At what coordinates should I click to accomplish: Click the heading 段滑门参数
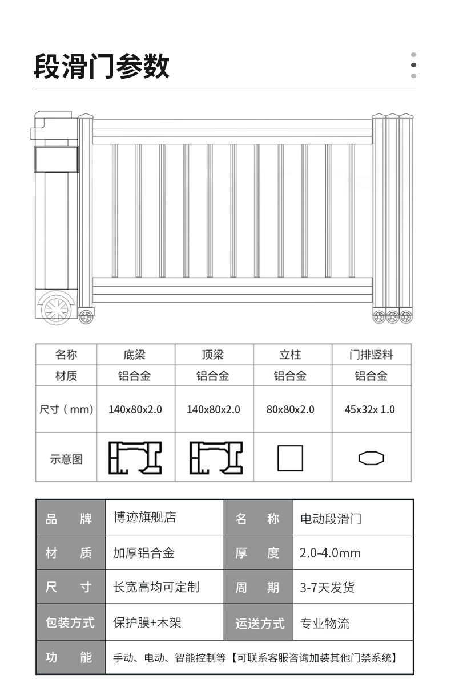pos(102,67)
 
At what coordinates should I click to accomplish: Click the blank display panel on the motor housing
pos(56,159)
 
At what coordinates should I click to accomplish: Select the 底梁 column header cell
pos(135,355)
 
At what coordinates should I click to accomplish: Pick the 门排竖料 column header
pos(371,355)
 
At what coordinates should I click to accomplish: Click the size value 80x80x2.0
pos(290,409)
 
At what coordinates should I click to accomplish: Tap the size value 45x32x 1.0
pos(370,409)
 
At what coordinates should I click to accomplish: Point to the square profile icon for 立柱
pos(290,458)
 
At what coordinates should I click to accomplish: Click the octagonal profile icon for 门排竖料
pos(371,458)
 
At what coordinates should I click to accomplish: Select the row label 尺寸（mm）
pos(66,409)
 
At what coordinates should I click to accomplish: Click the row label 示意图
pos(66,459)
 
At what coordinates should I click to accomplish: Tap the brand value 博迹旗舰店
pos(144,518)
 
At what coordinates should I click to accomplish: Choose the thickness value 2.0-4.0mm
pos(330,553)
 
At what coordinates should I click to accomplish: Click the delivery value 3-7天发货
pos(327,588)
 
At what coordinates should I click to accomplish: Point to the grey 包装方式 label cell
pos(70,622)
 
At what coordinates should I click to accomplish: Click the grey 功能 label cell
pos(70,657)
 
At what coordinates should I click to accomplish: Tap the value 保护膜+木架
pos(147,622)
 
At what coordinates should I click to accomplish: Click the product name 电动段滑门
pos(331,519)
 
